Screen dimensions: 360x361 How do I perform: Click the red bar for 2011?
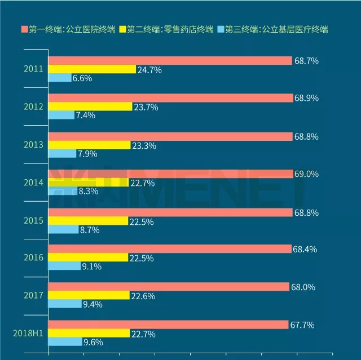(x=170, y=61)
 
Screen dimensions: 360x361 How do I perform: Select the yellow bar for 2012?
(x=90, y=106)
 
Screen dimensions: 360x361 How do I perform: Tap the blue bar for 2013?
(x=62, y=153)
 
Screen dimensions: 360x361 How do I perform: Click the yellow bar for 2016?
(x=88, y=257)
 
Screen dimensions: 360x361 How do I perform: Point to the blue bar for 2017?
(x=65, y=304)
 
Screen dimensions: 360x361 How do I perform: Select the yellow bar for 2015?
(x=88, y=221)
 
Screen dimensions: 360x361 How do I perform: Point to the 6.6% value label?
(x=82, y=78)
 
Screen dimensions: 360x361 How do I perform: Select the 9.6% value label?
(x=93, y=341)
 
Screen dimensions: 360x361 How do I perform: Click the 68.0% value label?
(x=303, y=287)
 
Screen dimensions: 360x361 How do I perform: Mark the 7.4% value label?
(x=85, y=115)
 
